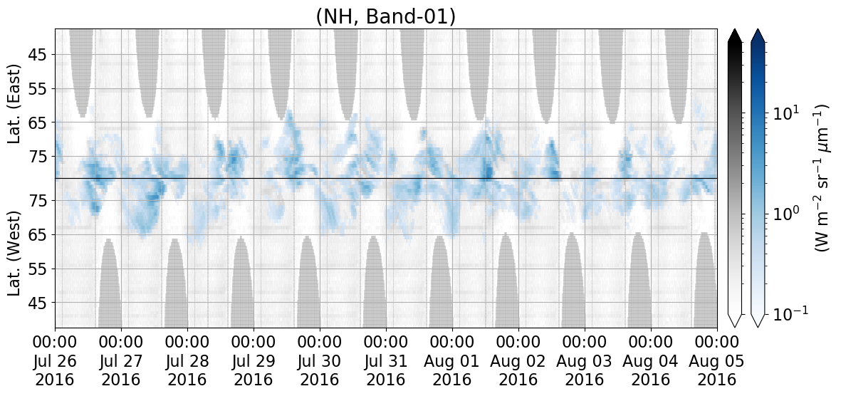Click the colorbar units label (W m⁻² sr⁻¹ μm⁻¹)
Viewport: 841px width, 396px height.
coord(821,178)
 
